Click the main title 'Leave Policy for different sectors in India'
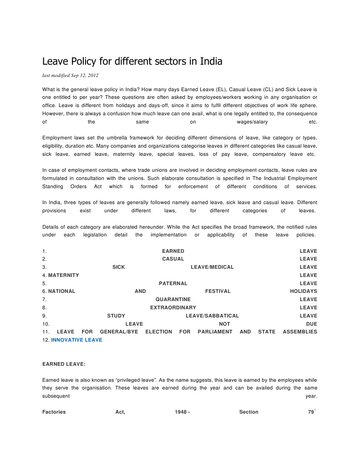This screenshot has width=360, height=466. [132, 61]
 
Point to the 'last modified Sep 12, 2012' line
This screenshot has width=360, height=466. [71, 75]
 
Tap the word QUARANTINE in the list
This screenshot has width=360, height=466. [173, 299]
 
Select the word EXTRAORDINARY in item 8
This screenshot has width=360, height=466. [173, 307]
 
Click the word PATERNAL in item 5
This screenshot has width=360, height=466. [173, 283]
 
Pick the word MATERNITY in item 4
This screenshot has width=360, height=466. [63, 275]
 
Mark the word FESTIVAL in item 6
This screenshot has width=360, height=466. [218, 291]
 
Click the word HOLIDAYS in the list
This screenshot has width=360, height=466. [304, 291]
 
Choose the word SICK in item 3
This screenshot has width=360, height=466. [118, 267]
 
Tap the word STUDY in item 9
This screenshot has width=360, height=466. [116, 316]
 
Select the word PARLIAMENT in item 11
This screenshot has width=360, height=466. [215, 332]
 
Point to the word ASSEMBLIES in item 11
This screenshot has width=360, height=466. [300, 332]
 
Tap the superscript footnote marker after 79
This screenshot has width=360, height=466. [315, 410]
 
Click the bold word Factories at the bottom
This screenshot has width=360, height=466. [54, 412]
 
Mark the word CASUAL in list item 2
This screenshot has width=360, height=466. [173, 259]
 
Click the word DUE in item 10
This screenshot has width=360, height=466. [312, 324]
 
